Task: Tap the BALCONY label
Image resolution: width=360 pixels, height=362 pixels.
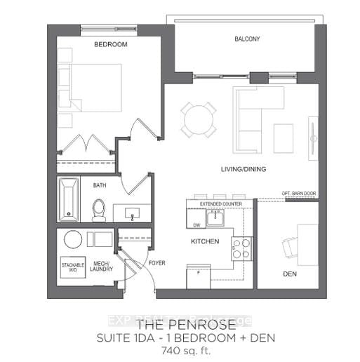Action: pyautogui.click(x=247, y=39)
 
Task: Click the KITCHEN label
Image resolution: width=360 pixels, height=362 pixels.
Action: pyautogui.click(x=206, y=242)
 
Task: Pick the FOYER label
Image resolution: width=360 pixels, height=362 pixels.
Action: pyautogui.click(x=156, y=264)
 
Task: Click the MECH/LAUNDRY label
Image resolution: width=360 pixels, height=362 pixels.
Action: pyautogui.click(x=101, y=268)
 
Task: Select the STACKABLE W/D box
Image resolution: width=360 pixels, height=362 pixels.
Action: pyautogui.click(x=72, y=269)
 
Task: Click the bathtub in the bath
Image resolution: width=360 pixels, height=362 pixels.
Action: pyautogui.click(x=69, y=199)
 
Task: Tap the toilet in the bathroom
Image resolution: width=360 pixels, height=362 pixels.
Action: pyautogui.click(x=99, y=210)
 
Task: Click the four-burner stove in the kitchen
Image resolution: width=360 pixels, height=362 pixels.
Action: pyautogui.click(x=241, y=248)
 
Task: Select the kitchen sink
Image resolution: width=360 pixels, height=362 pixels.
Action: pyautogui.click(x=215, y=218)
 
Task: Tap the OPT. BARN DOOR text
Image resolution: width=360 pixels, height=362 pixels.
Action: pyautogui.click(x=299, y=193)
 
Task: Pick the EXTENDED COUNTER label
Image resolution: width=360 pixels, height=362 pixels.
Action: pyautogui.click(x=220, y=204)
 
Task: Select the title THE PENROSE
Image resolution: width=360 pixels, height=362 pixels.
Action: pyautogui.click(x=179, y=325)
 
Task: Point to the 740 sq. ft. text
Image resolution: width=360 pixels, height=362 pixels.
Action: pyautogui.click(x=179, y=350)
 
